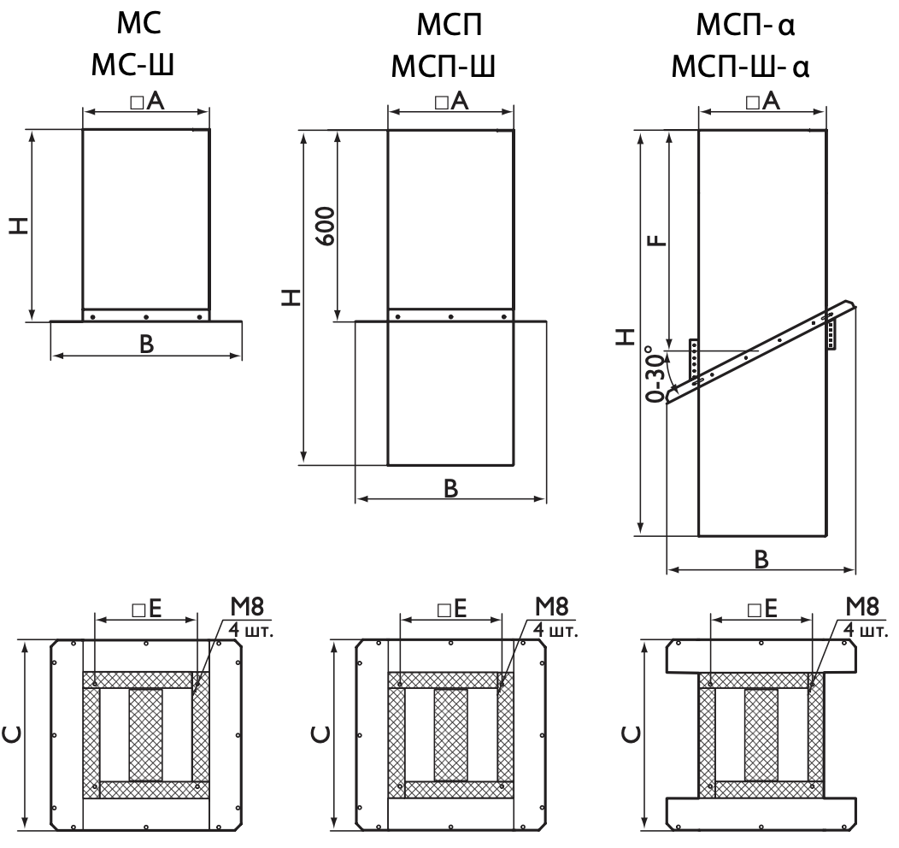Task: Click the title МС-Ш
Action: [x=132, y=65]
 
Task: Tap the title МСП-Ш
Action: [x=443, y=65]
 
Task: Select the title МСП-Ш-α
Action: [x=740, y=66]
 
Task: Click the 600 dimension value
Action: [x=326, y=226]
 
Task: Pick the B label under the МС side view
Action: [x=147, y=344]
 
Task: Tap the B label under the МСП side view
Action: [x=451, y=488]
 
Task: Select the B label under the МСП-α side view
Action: [x=761, y=559]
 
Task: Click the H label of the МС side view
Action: [x=19, y=226]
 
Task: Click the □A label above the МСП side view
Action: [x=451, y=102]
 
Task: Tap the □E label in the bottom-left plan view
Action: [x=147, y=609]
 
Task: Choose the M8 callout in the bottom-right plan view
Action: [x=861, y=606]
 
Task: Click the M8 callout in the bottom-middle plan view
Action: [x=551, y=606]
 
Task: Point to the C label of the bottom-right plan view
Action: [x=632, y=734]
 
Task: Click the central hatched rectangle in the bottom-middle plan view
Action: [x=450, y=734]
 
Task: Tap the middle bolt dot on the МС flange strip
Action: [x=146, y=316]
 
